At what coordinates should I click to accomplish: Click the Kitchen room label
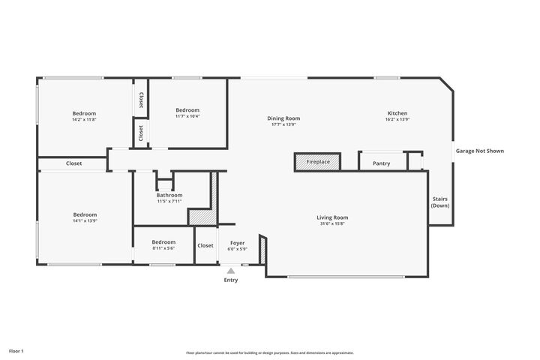(x=397, y=113)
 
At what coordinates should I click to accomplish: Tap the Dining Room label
(x=283, y=118)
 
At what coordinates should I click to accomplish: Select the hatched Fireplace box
(x=317, y=162)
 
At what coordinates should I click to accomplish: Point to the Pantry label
(x=381, y=163)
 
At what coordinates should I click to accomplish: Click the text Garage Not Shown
(x=480, y=151)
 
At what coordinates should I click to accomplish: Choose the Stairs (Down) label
(x=440, y=202)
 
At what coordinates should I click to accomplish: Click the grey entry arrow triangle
(x=231, y=270)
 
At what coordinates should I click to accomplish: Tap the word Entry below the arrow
(x=231, y=280)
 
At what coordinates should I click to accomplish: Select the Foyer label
(x=237, y=243)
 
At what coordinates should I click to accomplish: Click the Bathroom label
(x=169, y=195)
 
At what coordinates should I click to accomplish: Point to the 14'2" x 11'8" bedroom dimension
(x=84, y=119)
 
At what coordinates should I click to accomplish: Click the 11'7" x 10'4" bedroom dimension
(x=187, y=115)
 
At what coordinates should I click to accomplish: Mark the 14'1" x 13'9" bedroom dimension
(x=84, y=220)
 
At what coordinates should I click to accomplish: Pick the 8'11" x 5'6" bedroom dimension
(x=163, y=248)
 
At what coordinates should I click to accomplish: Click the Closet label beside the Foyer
(x=205, y=245)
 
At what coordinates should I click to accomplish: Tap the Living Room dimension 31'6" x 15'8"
(x=332, y=223)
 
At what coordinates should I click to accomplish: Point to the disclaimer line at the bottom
(x=270, y=352)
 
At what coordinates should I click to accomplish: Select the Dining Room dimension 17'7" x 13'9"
(x=283, y=124)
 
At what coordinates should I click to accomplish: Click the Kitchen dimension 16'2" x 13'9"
(x=397, y=120)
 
